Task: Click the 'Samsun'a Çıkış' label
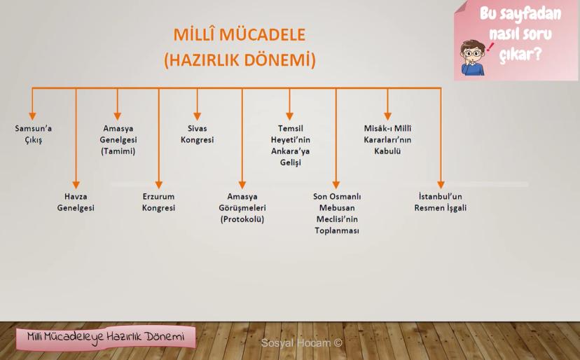[34, 134]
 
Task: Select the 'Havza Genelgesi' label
[76, 202]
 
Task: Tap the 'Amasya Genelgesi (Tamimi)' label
[118, 139]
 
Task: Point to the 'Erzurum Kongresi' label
[158, 202]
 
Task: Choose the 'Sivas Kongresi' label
[197, 134]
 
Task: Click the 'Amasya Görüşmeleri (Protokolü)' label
[242, 207]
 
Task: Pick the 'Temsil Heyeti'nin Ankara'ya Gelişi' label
[291, 145]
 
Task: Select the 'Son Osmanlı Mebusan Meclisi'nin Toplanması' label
[337, 213]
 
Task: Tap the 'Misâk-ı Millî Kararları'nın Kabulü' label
[387, 139]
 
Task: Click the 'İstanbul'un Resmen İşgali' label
[440, 202]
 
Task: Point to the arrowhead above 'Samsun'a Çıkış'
[32, 116]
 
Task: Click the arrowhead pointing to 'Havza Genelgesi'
[76, 185]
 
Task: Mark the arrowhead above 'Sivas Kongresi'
[197, 116]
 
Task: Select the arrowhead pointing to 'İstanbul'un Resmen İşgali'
[441, 185]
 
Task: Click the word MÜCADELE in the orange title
[262, 35]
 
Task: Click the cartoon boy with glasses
[473, 58]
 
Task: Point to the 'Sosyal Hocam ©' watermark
[301, 343]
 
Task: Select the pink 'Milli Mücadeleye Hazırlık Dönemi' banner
[106, 338]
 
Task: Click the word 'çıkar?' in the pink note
[520, 55]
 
